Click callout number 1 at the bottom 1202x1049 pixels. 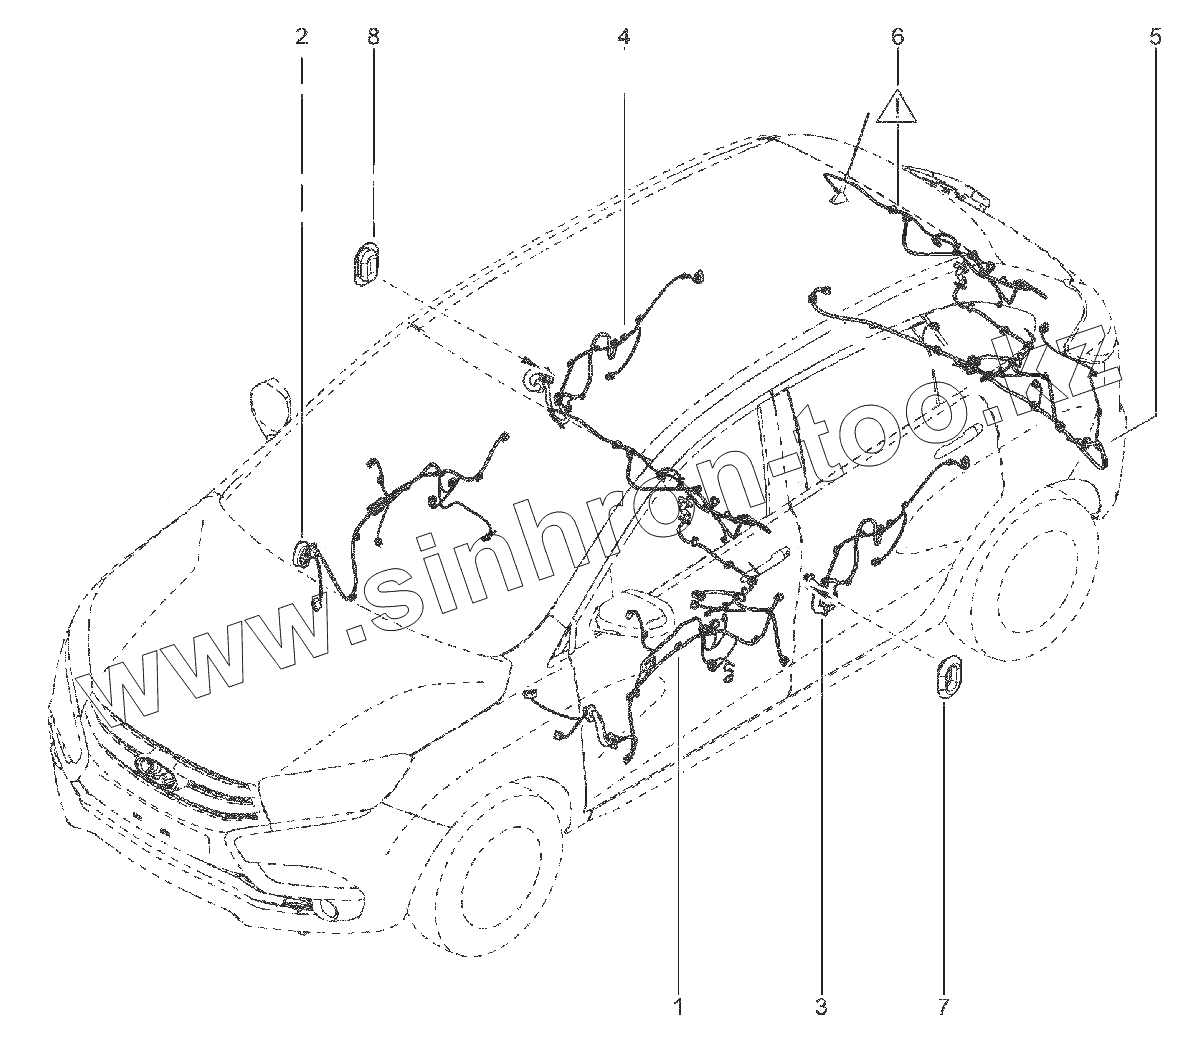click(679, 1006)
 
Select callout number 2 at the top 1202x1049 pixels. click(301, 38)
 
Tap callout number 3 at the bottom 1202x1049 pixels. click(821, 1006)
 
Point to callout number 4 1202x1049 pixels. click(624, 38)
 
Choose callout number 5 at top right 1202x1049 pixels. click(1155, 38)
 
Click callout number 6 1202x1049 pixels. click(897, 38)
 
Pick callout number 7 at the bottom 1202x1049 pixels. click(943, 1006)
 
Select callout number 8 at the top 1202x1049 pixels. click(373, 38)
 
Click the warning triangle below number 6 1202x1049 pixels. click(897, 106)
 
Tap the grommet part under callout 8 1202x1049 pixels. click(367, 263)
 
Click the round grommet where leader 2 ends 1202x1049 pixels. click(303, 554)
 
